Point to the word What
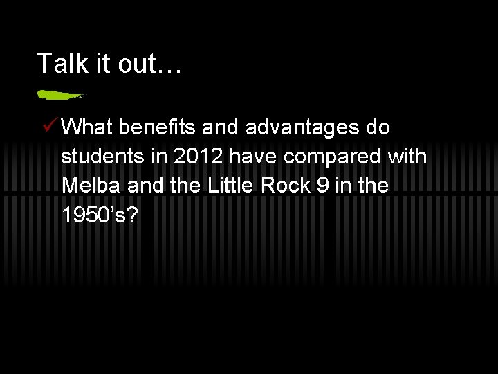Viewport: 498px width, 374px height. click(87, 128)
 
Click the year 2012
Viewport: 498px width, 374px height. click(199, 157)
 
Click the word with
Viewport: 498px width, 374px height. click(407, 157)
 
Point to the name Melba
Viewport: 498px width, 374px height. click(88, 186)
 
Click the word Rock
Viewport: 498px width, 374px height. click(280, 186)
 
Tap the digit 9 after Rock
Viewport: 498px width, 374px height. click(320, 186)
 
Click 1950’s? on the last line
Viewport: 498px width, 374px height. click(100, 215)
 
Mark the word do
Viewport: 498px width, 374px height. click(378, 128)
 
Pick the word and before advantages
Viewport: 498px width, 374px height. click(222, 128)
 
